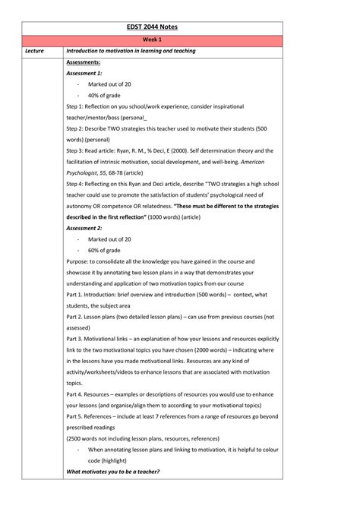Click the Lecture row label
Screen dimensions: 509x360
coord(34,51)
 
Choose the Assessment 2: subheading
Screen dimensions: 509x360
coord(84,228)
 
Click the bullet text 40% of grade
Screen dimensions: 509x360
coord(104,95)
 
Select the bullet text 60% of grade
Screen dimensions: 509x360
coord(104,250)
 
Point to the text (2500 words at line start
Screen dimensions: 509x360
coord(83,438)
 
